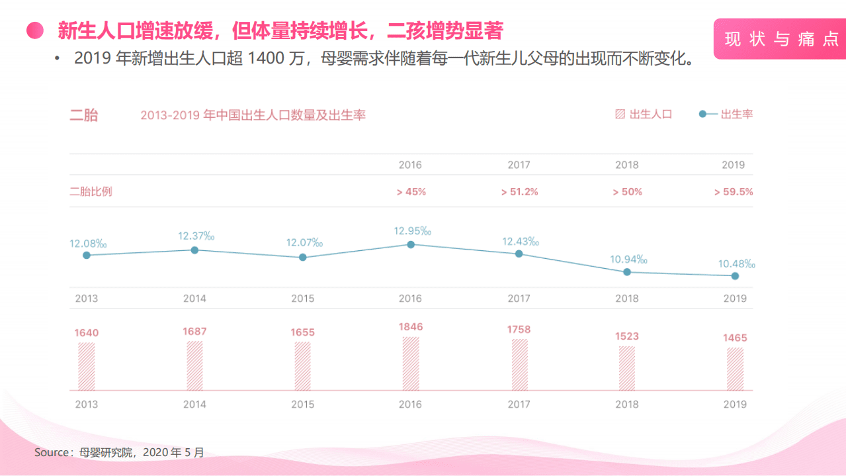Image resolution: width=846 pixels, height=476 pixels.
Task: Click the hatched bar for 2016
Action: click(x=411, y=363)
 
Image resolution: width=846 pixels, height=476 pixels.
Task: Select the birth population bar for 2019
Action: click(x=735, y=369)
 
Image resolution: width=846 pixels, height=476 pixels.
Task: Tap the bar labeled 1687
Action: click(x=194, y=365)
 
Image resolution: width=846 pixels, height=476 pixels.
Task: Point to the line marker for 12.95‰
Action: click(x=411, y=244)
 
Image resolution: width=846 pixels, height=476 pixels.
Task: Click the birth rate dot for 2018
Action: click(x=627, y=272)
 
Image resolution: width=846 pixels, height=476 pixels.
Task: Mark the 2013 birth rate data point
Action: click(x=86, y=255)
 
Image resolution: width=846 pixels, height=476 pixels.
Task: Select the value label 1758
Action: click(x=519, y=330)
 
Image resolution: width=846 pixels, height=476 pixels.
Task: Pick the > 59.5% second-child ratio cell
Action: click(x=733, y=192)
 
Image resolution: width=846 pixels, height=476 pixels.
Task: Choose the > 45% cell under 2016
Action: click(x=411, y=192)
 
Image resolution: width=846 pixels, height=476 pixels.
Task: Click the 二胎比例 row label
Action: click(x=91, y=192)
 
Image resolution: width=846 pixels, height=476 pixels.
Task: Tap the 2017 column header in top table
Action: click(x=519, y=165)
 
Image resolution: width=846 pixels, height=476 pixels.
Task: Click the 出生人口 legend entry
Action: click(x=644, y=114)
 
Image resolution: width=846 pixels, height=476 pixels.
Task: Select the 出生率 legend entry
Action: click(x=726, y=114)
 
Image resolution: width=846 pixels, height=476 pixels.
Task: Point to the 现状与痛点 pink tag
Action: click(x=781, y=39)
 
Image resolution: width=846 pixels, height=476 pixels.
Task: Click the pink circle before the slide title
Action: click(x=34, y=30)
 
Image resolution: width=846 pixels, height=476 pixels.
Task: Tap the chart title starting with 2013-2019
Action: click(x=253, y=115)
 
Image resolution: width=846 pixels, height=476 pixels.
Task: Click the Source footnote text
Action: click(x=120, y=453)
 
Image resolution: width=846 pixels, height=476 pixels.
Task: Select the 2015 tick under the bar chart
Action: click(x=303, y=405)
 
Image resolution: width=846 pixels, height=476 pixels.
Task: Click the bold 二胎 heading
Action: click(x=84, y=115)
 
